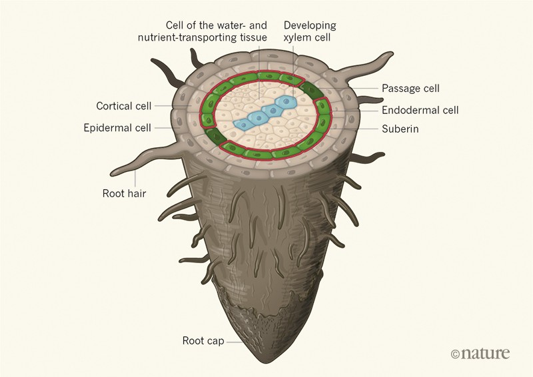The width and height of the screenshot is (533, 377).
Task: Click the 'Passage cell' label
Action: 410,88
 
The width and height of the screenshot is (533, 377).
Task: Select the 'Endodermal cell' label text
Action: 420,110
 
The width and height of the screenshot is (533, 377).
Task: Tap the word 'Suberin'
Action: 400,129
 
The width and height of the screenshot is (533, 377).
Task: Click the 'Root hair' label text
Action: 125,194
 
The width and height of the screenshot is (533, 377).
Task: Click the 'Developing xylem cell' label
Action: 310,31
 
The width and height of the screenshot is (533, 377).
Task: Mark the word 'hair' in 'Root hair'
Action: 137,194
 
